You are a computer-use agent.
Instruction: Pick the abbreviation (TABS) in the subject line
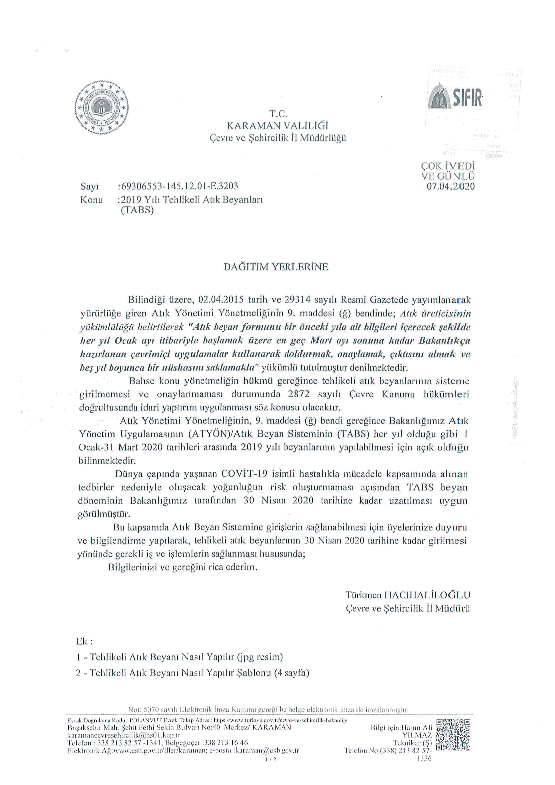pyautogui.click(x=137, y=210)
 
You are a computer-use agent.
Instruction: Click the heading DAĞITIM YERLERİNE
pyautogui.click(x=276, y=267)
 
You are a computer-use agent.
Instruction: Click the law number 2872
pyautogui.click(x=299, y=394)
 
